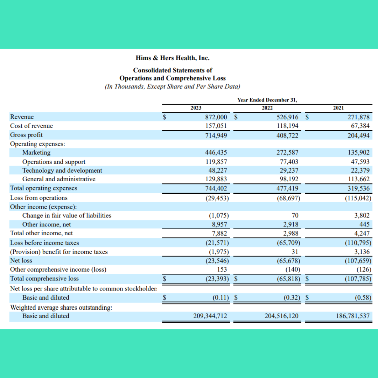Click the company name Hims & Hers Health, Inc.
[173, 58]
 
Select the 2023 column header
[196, 108]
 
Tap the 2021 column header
[338, 108]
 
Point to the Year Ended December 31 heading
[267, 100]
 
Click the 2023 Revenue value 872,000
[216, 117]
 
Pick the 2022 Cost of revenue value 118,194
[287, 126]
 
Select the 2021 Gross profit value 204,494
[358, 135]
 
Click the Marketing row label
[36, 153]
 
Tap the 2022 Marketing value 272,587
[287, 153]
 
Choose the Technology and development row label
[62, 170]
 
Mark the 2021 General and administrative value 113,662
[358, 179]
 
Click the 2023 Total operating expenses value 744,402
[216, 188]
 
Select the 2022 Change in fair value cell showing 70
[295, 216]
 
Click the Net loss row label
[21, 260]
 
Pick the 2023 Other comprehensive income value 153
[222, 269]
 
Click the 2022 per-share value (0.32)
[291, 298]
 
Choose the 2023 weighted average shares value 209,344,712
[210, 316]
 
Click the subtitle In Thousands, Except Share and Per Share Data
[173, 86]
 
